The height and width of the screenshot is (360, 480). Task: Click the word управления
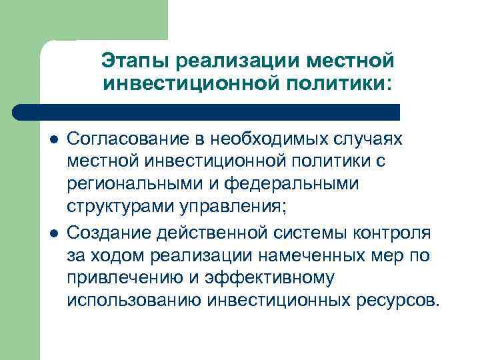pyautogui.click(x=224, y=206)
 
